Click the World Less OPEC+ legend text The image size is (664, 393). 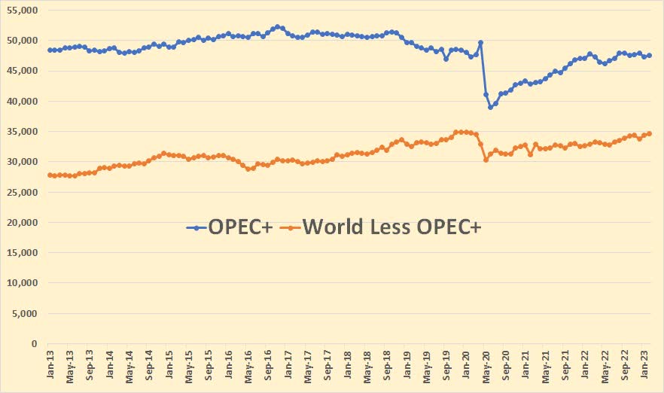point(392,227)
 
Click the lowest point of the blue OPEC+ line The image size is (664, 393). point(490,107)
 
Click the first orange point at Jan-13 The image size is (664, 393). point(50,175)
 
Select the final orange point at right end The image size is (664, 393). point(649,133)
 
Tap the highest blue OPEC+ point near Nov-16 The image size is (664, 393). point(278,26)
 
